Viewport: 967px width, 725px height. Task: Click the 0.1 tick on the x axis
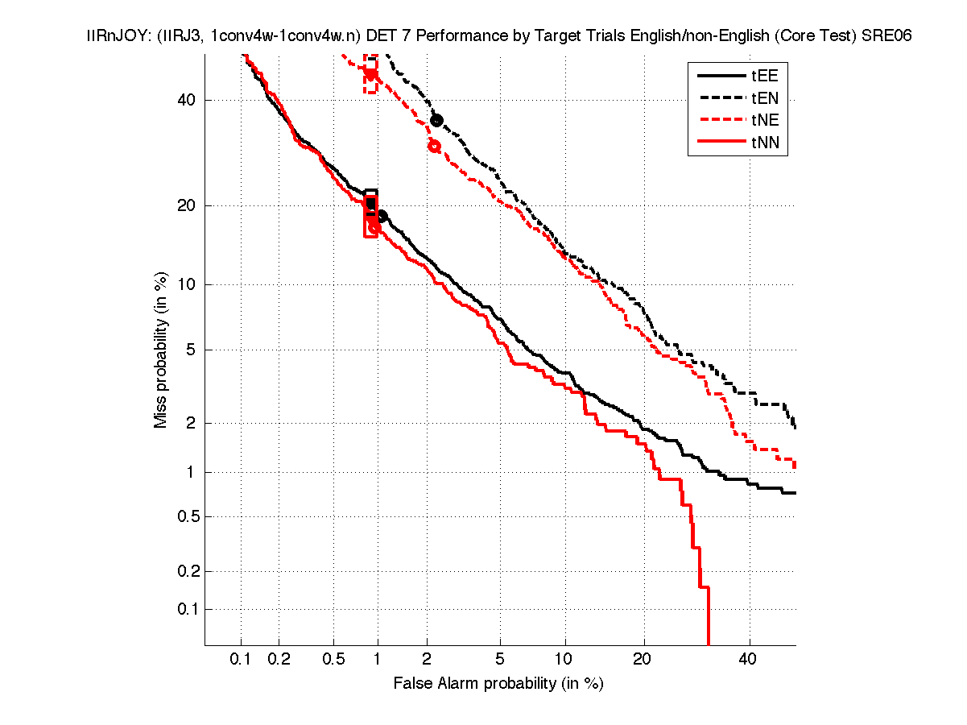(x=241, y=659)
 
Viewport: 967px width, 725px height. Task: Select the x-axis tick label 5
(x=500, y=659)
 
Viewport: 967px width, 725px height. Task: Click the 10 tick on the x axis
(x=565, y=659)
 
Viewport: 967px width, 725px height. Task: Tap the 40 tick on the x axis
(x=749, y=659)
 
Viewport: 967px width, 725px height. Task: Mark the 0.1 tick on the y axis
(x=188, y=609)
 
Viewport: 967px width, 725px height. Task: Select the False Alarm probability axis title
(x=498, y=684)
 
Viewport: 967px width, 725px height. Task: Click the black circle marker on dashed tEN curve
(x=436, y=120)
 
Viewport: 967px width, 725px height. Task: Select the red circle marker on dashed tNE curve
(x=434, y=146)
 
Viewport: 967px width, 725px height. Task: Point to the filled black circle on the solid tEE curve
(x=382, y=216)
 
